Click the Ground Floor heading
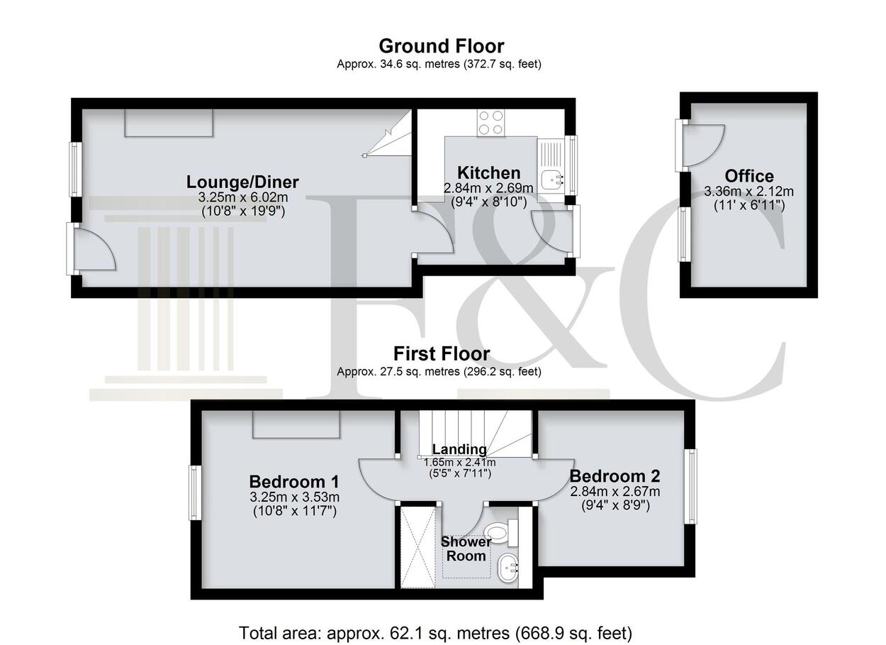[x=442, y=46]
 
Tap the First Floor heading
[x=442, y=353]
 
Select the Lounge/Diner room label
[x=242, y=182]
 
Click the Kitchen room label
[x=489, y=173]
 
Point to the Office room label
[x=749, y=176]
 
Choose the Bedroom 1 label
[x=294, y=482]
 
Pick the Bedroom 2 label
[x=615, y=476]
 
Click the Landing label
[x=459, y=449]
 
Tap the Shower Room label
[x=466, y=548]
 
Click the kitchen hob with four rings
[x=492, y=123]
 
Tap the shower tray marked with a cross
[x=418, y=547]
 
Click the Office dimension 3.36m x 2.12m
[x=748, y=192]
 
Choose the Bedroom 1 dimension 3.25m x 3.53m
[x=295, y=497]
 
